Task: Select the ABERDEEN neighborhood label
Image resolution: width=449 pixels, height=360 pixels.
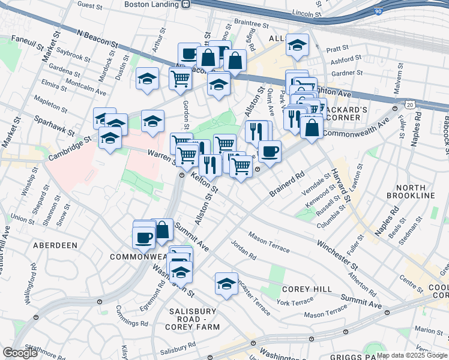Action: point(55,245)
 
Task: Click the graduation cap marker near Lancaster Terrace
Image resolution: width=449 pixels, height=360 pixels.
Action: point(227,283)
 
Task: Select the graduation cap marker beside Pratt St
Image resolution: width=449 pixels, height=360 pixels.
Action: point(297,45)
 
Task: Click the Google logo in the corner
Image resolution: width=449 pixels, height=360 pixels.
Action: point(20,353)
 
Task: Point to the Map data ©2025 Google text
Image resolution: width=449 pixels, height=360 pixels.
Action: point(412,355)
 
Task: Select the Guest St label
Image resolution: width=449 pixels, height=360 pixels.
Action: point(90,5)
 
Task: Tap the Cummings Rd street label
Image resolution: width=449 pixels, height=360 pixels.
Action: point(128,318)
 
